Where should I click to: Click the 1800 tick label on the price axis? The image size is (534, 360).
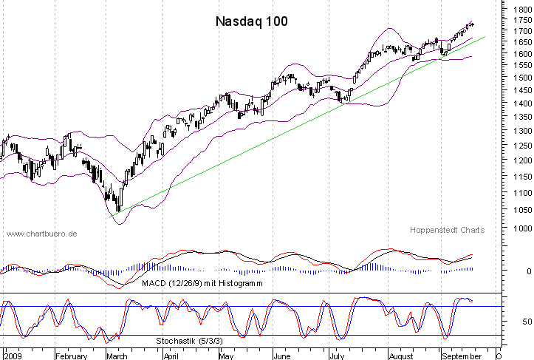coord(518,9)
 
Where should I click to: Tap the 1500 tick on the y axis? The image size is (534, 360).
coord(518,77)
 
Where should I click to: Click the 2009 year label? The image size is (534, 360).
coord(13,354)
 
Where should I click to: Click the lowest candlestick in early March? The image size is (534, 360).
coord(119,204)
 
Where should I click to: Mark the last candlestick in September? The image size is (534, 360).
coord(472,25)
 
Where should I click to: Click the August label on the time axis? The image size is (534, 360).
coord(401,354)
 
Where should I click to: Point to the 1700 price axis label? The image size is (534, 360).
coord(518,32)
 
